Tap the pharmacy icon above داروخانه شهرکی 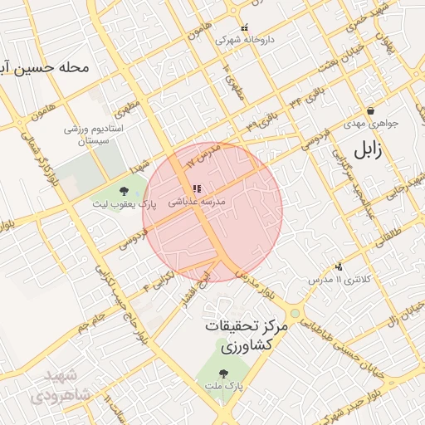pos(244,27)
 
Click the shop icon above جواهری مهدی pos(370,110)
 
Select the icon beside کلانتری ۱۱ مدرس pos(338,267)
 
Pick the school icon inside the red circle pos(196,189)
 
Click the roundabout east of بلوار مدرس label pos(295,313)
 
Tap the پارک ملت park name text pos(224,387)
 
